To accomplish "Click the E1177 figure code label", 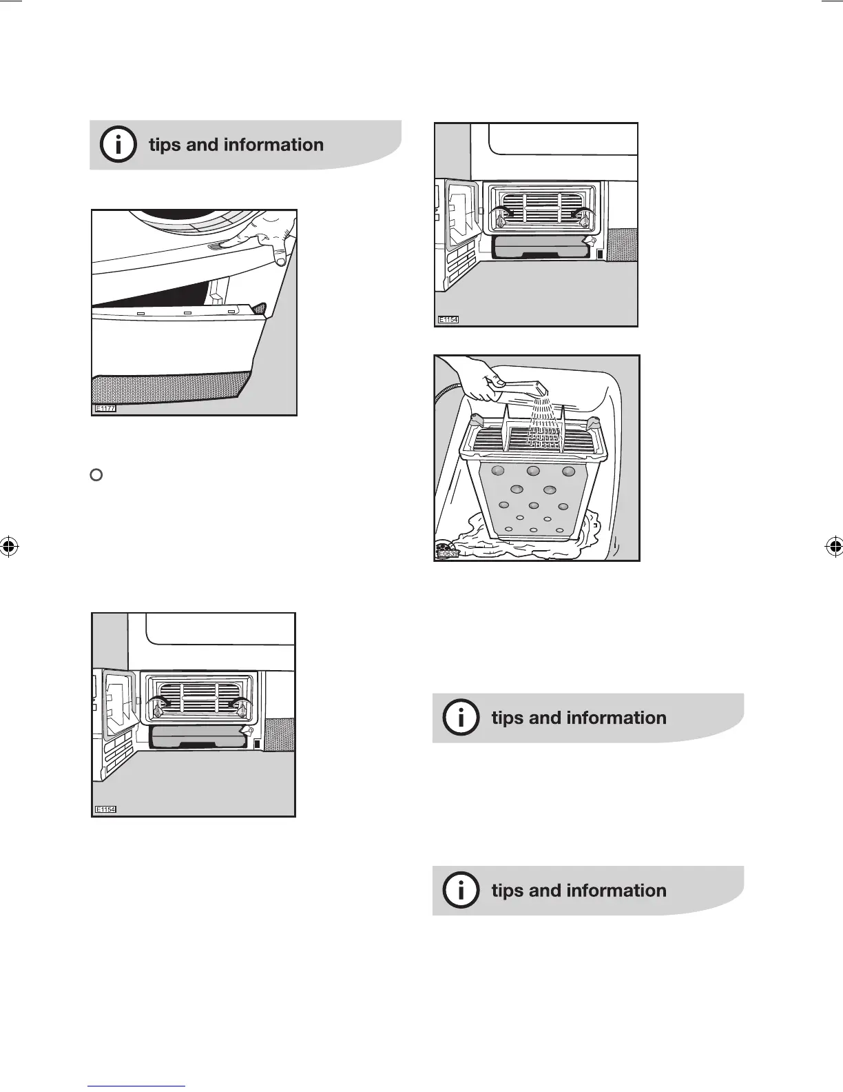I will pos(105,409).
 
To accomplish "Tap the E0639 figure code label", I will pos(448,553).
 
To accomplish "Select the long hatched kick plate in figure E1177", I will pos(169,386).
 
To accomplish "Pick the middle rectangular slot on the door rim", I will pos(185,313).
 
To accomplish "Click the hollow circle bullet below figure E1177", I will pos(97,474).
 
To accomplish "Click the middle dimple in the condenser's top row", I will pos(532,471).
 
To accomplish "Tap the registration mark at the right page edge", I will pos(834,547).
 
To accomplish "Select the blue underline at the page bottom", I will pos(137,1086).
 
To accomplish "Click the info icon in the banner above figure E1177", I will pos(118,145).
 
